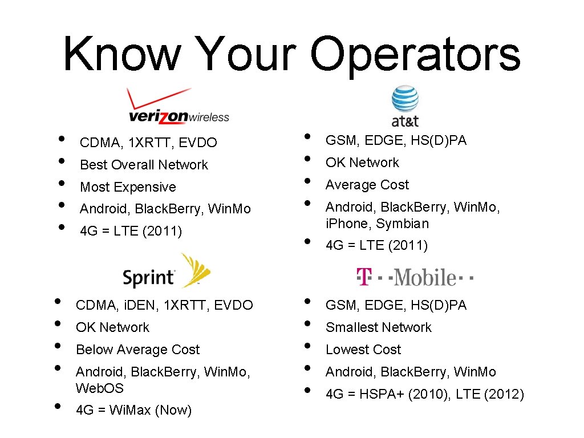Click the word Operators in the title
[415, 54]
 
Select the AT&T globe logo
[405, 106]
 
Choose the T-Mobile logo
[415, 277]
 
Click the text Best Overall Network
[144, 165]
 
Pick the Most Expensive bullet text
[128, 187]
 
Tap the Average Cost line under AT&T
[367, 185]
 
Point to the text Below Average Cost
[137, 350]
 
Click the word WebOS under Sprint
[100, 388]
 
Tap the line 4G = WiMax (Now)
[133, 410]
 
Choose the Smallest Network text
[378, 327]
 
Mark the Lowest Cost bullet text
[363, 350]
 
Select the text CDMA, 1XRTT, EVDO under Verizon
[148, 143]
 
